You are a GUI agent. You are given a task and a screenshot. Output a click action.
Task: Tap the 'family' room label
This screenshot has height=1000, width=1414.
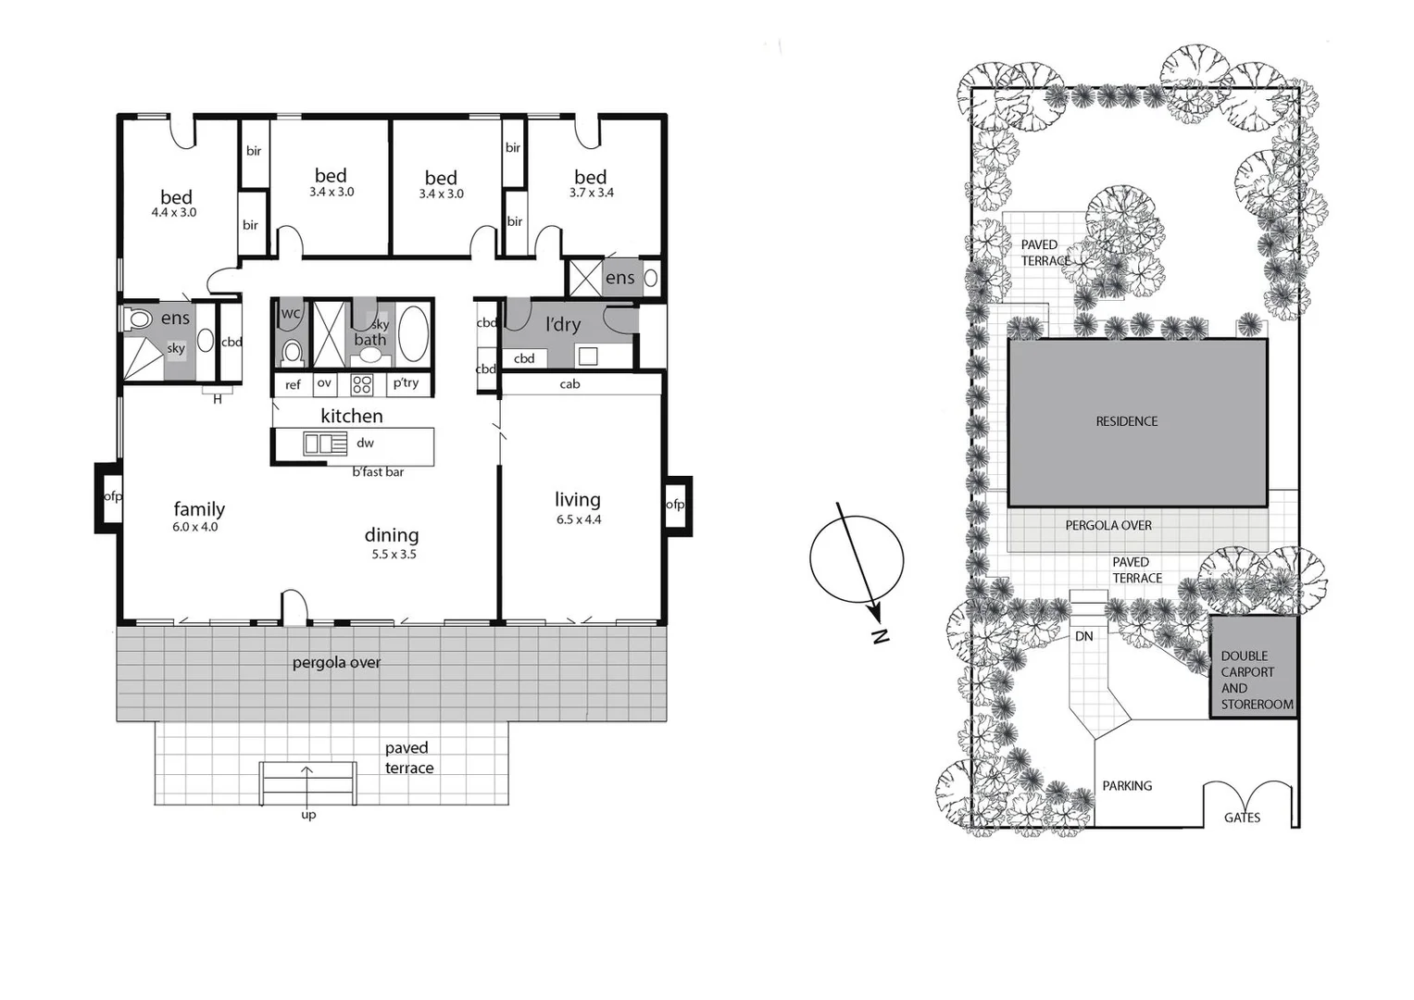coord(199,509)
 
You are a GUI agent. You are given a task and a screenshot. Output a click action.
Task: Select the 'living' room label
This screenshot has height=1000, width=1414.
coord(577,500)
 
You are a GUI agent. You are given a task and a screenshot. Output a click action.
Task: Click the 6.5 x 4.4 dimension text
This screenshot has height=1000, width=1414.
coord(579,520)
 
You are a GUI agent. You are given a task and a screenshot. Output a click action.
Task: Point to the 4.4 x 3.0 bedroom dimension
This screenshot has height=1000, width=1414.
coord(174,213)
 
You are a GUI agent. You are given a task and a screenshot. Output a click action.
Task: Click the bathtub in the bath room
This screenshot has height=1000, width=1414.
coord(413,333)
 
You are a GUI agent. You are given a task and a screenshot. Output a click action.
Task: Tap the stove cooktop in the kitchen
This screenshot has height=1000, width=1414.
coord(361,384)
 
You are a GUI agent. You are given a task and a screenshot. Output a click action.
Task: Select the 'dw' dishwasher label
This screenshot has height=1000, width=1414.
coord(365,444)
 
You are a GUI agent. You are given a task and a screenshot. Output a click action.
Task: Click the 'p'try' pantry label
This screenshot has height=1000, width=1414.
coord(406,383)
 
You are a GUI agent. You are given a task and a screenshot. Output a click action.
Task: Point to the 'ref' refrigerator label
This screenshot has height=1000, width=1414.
coord(293,385)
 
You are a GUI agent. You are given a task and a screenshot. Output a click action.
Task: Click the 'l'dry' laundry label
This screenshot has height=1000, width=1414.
coord(563,324)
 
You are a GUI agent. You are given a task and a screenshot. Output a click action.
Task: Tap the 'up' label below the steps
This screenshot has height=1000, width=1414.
coord(308,815)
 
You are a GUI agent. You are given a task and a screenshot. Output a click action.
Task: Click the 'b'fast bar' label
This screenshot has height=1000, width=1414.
coord(378,472)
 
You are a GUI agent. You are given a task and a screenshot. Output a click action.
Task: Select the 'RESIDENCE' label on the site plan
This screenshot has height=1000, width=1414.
coord(1127,421)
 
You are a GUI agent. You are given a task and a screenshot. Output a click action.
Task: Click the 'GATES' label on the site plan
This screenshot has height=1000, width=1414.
coord(1242,818)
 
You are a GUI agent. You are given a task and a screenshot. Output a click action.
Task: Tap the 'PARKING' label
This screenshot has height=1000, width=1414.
coord(1127,786)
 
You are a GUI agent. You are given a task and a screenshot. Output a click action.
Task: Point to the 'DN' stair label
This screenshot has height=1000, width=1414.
coord(1083,636)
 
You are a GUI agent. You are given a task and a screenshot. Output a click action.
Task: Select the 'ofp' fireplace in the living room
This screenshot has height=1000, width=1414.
coord(675,505)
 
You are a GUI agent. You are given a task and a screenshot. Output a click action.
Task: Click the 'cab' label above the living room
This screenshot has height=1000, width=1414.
coord(569,384)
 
